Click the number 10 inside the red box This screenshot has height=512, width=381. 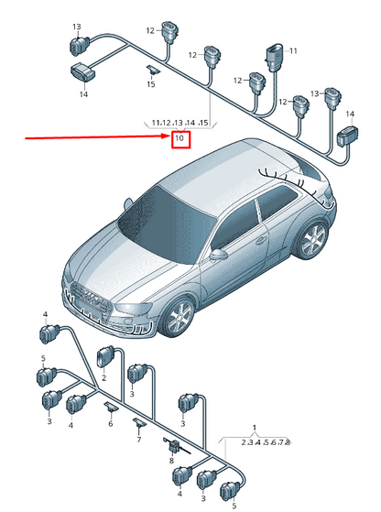tap(180, 138)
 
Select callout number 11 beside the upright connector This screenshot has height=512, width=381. tap(293, 51)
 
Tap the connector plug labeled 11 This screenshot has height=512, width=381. tap(274, 58)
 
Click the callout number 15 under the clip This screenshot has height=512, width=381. tap(151, 84)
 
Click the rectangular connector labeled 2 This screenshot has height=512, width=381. tap(105, 357)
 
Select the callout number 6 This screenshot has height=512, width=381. tap(111, 423)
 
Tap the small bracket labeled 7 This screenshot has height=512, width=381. tap(139, 422)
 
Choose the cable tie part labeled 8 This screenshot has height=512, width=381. tap(175, 446)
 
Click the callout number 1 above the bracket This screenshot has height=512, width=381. tap(255, 428)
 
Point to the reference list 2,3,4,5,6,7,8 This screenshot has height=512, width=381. tap(266, 442)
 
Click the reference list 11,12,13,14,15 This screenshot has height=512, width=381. tap(180, 123)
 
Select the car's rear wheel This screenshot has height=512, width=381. tap(312, 240)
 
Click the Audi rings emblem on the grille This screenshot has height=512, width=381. tap(92, 296)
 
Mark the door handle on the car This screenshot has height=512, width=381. tap(260, 241)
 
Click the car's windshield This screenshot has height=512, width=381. tap(167, 224)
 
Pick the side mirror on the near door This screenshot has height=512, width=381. tap(218, 255)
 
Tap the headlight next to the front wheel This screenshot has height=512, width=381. tap(133, 310)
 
